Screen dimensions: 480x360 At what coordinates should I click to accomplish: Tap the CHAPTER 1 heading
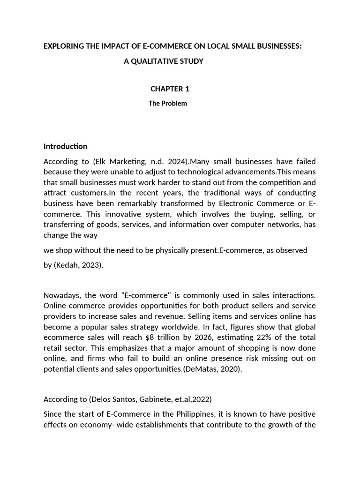pyautogui.click(x=170, y=89)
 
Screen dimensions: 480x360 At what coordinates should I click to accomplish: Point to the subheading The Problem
pyautogui.click(x=168, y=104)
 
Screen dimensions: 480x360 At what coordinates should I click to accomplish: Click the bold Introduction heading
pyautogui.click(x=65, y=146)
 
